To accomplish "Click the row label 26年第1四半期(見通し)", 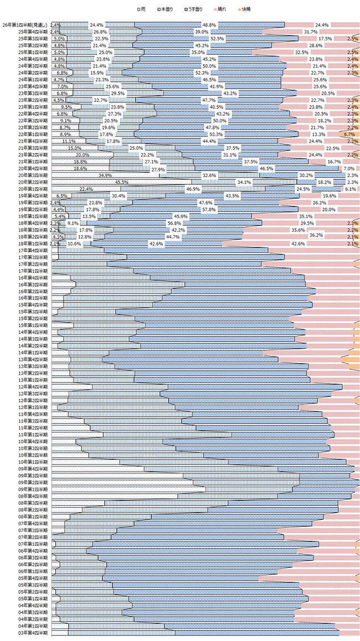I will [x=25, y=25].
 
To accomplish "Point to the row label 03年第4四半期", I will [x=33, y=632].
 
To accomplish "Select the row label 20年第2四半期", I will [x=33, y=182].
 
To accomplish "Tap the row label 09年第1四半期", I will [x=33, y=489].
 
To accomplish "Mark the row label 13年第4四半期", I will [x=33, y=359].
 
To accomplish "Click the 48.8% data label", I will [x=209, y=25].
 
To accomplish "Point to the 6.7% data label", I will [x=349, y=134].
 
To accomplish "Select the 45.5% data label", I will [x=122, y=182].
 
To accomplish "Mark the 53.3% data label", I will [x=216, y=134].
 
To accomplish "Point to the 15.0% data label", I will [x=75, y=148].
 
